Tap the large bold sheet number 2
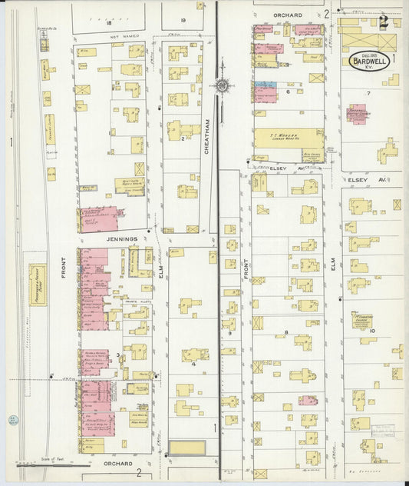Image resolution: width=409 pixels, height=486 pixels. [x=383, y=22]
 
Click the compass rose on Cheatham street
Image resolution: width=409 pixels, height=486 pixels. [x=223, y=86]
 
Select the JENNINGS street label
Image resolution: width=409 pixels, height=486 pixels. [x=121, y=239]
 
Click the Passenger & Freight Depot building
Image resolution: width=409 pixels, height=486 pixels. [x=37, y=285]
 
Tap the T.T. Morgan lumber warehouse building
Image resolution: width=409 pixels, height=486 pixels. [x=289, y=143]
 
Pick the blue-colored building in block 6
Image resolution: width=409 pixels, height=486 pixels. [x=265, y=85]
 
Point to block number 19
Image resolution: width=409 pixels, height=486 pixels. [x=183, y=19]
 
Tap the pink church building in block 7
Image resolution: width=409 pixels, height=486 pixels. [x=356, y=114]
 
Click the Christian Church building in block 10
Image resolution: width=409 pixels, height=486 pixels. [x=361, y=319]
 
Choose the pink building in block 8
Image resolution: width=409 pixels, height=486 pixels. [x=308, y=400]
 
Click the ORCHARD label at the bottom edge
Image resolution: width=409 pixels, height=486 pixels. [x=119, y=464]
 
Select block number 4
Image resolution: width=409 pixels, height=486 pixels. [x=194, y=364]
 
